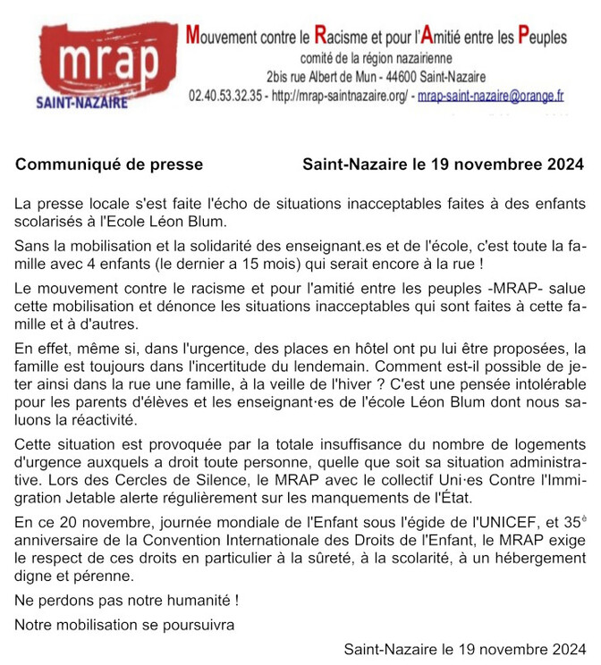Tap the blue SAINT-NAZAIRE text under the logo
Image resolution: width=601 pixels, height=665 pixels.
(x=81, y=102)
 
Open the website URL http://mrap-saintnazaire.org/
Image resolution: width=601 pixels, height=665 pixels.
(x=339, y=94)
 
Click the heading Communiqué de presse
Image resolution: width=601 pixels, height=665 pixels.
(x=109, y=164)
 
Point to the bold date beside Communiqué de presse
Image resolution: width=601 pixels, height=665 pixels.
(x=443, y=164)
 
